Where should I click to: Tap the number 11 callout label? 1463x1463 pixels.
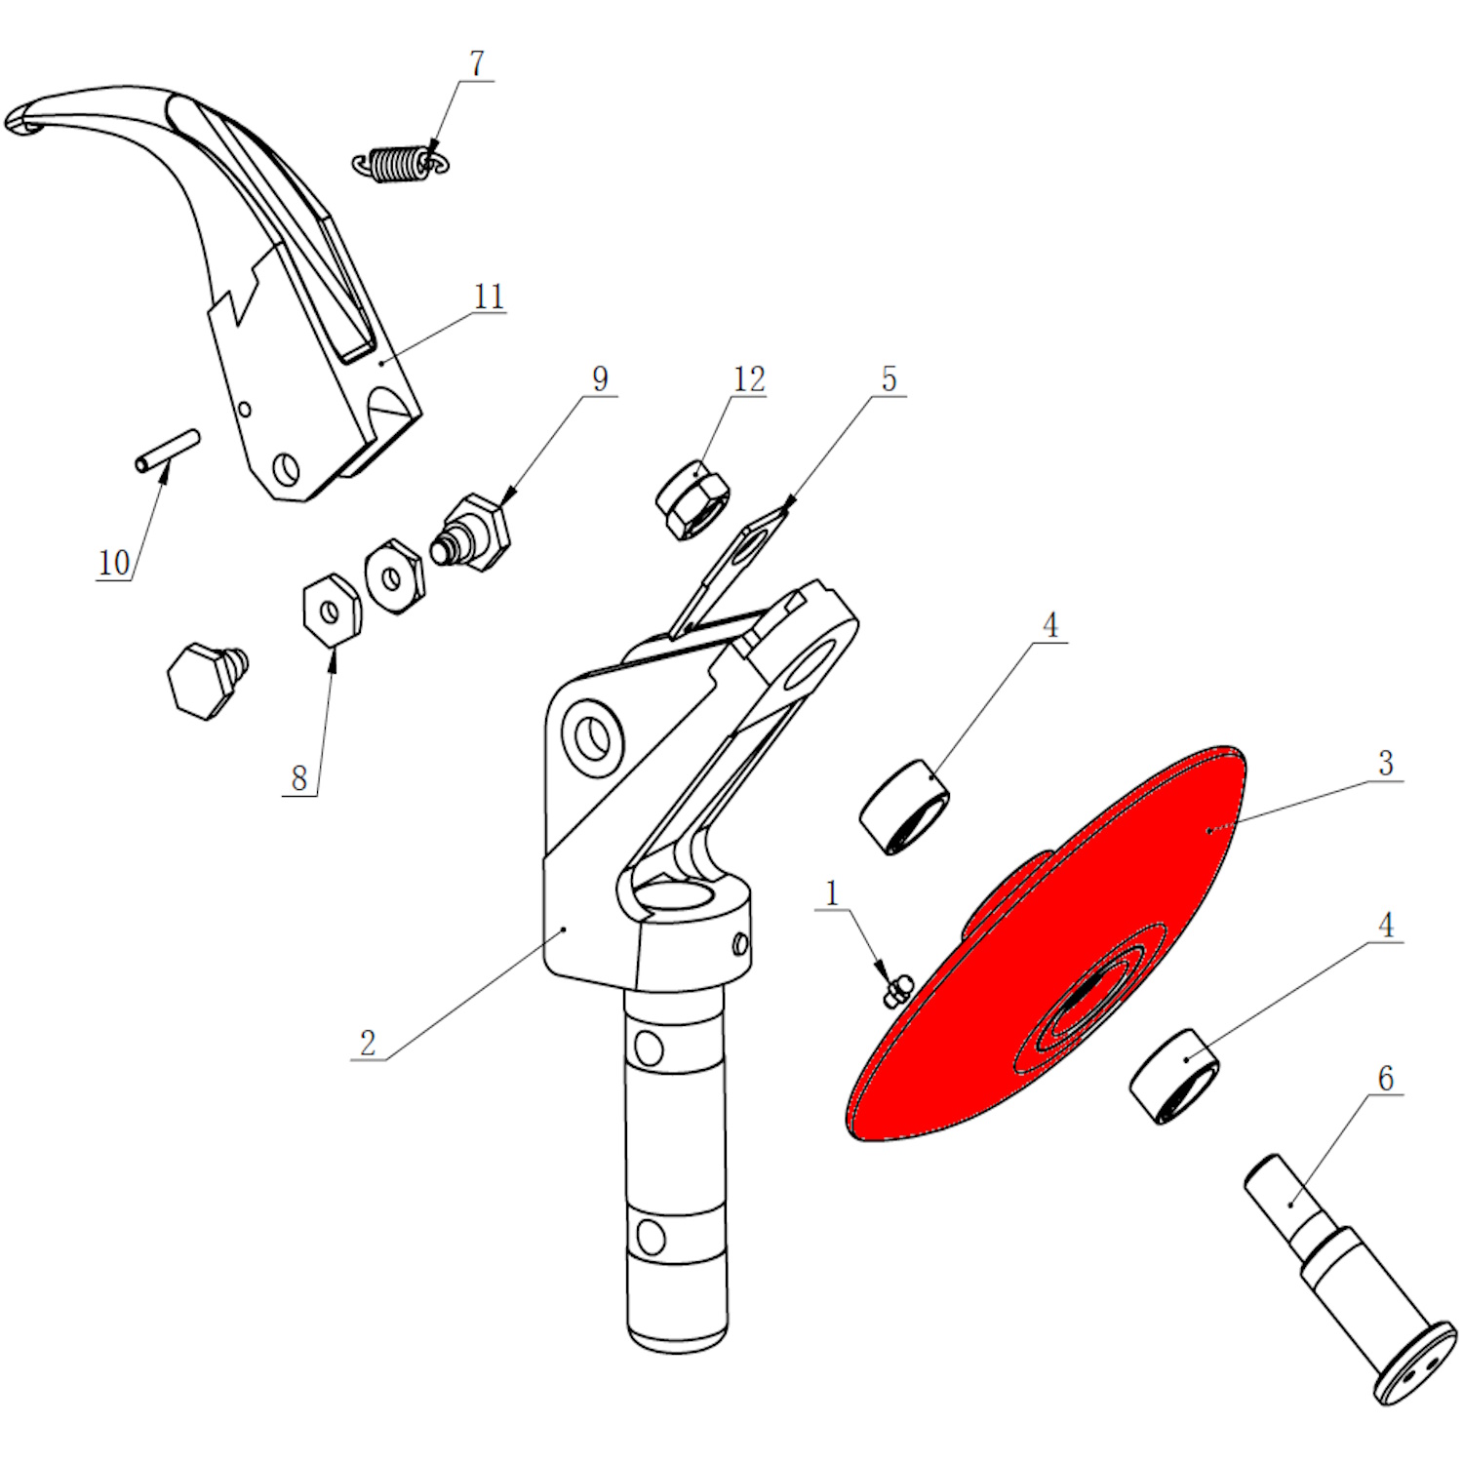(x=489, y=297)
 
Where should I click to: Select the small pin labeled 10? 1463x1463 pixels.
(x=168, y=451)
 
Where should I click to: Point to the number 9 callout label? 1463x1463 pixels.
(x=600, y=378)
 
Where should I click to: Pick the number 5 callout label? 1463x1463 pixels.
(x=889, y=378)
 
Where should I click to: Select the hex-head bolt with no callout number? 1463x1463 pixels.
(x=208, y=679)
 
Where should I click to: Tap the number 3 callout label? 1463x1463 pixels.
(x=1385, y=763)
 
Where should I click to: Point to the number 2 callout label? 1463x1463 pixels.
(x=368, y=1043)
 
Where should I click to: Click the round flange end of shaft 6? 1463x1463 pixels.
(x=1415, y=1364)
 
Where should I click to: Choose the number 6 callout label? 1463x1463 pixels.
(x=1385, y=1078)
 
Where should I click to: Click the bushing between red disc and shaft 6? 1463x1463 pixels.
(x=1174, y=1076)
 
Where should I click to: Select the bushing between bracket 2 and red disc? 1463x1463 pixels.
(x=904, y=807)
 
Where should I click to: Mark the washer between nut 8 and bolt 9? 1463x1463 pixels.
(x=394, y=576)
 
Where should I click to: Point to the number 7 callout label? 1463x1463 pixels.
(x=476, y=63)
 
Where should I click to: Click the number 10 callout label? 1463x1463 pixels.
(x=113, y=563)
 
